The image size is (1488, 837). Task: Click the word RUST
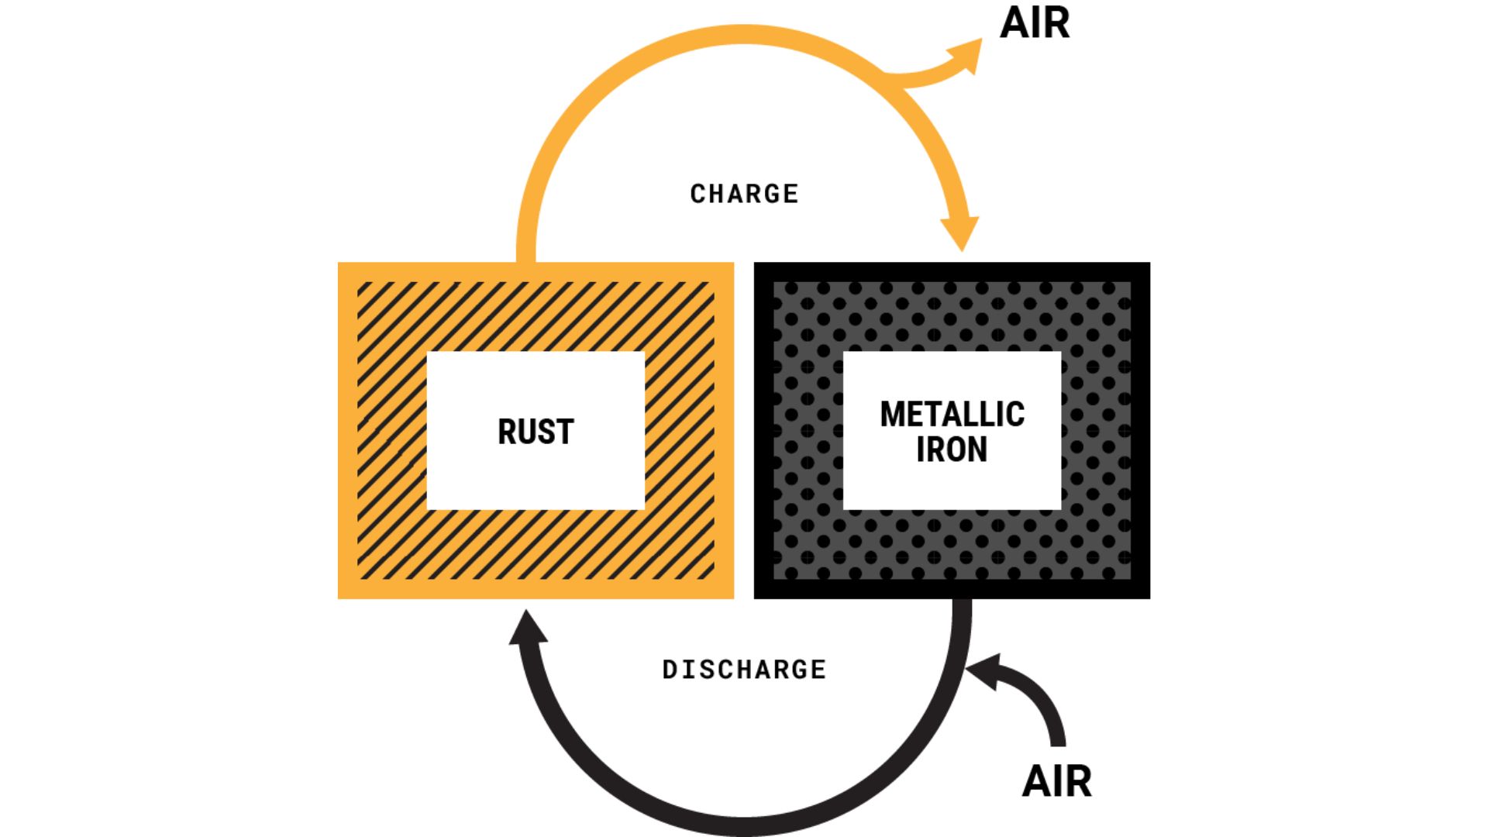click(536, 432)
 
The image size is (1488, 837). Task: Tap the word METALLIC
click(952, 415)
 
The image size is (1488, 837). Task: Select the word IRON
click(952, 449)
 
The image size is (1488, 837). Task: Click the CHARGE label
click(744, 194)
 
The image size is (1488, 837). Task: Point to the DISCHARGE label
click(744, 670)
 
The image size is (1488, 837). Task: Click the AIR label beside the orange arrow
click(1035, 23)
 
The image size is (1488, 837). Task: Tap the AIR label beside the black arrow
click(1057, 781)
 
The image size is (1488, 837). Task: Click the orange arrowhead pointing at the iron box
click(961, 232)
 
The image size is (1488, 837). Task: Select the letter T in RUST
click(563, 432)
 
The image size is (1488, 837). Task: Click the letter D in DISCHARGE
click(670, 670)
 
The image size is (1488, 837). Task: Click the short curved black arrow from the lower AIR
click(1038, 697)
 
